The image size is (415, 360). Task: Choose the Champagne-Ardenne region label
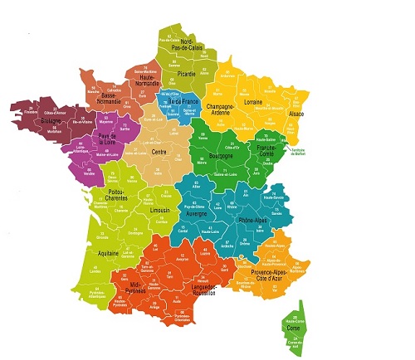(x=221, y=109)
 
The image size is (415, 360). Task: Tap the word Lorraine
(x=254, y=102)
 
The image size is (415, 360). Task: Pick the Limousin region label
(x=161, y=212)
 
